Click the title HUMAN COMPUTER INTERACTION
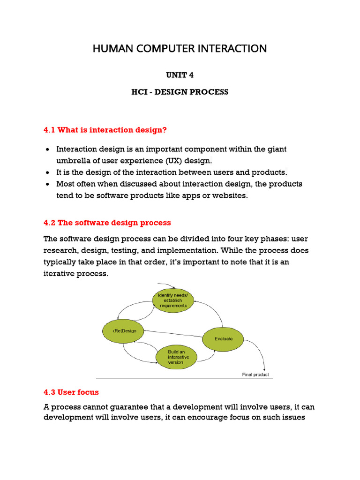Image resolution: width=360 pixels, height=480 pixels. pos(180,48)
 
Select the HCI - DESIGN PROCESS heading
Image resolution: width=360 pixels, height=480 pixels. pos(180,92)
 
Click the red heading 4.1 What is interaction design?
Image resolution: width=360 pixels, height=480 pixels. pos(105,130)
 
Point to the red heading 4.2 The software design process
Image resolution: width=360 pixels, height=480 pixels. pos(107,223)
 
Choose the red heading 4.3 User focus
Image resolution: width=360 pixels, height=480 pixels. pos(71,392)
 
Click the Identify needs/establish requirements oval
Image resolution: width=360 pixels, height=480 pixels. pos(173,300)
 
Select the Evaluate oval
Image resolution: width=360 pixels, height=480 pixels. pos(223,338)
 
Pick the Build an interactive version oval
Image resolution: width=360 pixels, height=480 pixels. pos(178,357)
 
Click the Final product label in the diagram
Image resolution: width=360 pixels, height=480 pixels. pos(255,375)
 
